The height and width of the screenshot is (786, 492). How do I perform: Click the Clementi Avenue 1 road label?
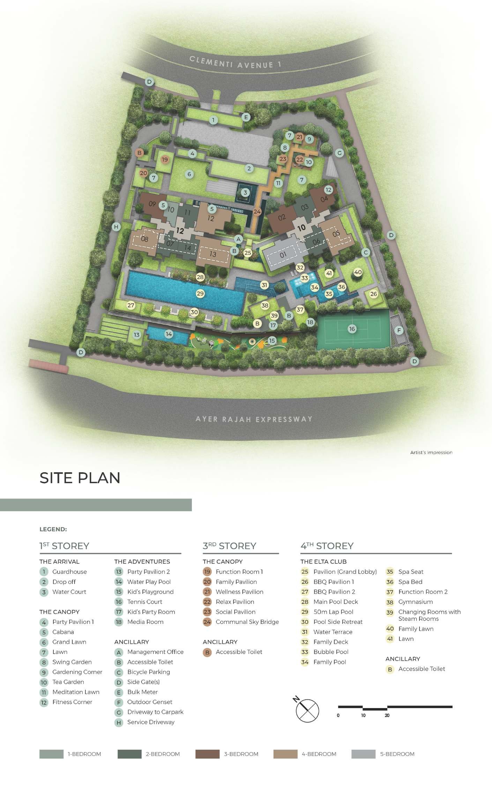[235, 62]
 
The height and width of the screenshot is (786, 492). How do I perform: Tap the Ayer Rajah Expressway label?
[254, 419]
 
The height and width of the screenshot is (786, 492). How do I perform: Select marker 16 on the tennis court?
[352, 329]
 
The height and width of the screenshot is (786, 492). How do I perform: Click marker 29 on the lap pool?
[200, 293]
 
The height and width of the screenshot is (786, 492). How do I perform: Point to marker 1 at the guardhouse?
[214, 120]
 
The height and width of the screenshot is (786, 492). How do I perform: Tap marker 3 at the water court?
[245, 192]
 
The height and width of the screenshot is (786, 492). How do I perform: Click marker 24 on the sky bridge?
[257, 212]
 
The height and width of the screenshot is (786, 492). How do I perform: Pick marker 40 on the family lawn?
[358, 272]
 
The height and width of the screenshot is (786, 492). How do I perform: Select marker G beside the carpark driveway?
[339, 153]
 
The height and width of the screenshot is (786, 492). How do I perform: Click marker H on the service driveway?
[117, 227]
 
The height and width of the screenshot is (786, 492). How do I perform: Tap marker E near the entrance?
[246, 117]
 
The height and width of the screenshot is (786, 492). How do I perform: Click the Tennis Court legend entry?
[144, 602]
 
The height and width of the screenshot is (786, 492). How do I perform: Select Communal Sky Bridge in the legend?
[247, 622]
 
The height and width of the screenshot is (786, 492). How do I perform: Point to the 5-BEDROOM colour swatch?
[363, 754]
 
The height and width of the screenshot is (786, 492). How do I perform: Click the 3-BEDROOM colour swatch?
[207, 754]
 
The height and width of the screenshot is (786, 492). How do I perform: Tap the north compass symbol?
[307, 710]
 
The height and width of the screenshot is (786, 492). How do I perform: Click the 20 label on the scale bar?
[387, 715]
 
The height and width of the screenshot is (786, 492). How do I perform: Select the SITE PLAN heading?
[80, 478]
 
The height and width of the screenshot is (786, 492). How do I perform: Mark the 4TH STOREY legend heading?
[327, 546]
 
